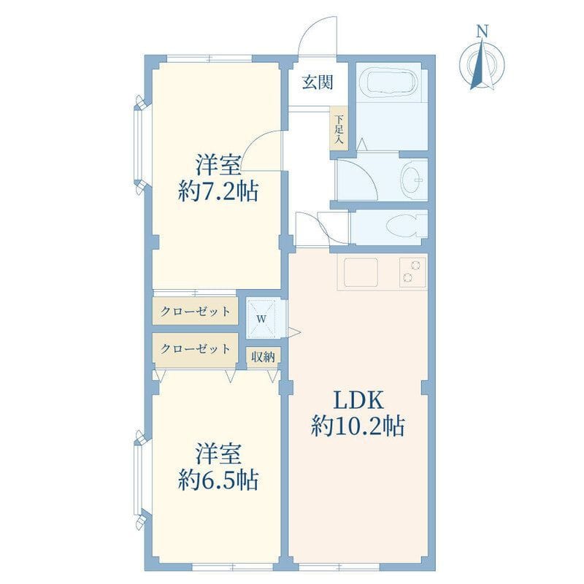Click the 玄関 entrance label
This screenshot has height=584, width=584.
318,82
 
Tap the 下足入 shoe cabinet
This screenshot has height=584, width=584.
339,128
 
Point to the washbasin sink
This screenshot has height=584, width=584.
412,180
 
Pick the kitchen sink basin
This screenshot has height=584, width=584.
361,272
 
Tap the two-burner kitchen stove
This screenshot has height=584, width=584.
412,272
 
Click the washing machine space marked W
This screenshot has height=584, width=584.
262,318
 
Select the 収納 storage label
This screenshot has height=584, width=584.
264,357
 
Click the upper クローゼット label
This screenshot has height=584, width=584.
195,311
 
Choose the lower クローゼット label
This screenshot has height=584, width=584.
195,349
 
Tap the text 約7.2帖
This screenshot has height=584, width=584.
218,192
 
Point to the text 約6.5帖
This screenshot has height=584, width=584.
218,480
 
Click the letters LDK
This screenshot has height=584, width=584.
358,400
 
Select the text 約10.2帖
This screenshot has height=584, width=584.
358,426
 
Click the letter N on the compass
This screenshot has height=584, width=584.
483,31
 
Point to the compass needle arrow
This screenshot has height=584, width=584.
483,64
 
